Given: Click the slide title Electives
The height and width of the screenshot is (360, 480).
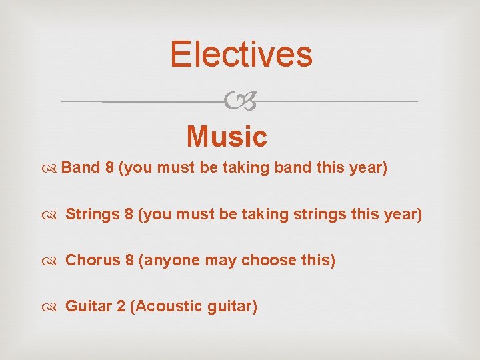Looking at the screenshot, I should point(241,54).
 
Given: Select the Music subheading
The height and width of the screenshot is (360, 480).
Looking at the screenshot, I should point(227,137).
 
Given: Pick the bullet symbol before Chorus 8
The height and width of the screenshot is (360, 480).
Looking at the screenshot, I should point(52,261).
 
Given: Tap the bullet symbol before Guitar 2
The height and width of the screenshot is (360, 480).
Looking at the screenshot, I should point(52,307).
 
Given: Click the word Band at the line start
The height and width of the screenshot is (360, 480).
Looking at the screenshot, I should point(81,167).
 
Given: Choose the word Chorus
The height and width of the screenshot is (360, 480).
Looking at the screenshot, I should point(92,259).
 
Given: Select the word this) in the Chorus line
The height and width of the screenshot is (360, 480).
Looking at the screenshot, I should point(319,259).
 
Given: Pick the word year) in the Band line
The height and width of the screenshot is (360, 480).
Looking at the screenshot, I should point(368,167).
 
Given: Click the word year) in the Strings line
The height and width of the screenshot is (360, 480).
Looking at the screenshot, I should point(403,215).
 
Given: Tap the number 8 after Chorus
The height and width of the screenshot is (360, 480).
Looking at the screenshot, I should point(129,259).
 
